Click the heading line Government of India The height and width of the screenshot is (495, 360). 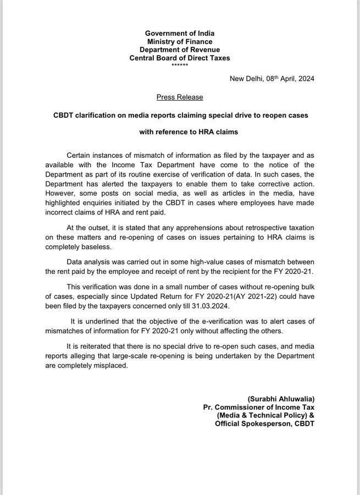[179, 33]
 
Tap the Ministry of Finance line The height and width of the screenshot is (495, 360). [179, 41]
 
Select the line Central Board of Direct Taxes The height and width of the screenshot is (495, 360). [179, 58]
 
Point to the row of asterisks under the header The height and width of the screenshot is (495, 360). [179, 65]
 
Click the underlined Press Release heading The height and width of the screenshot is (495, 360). [179, 97]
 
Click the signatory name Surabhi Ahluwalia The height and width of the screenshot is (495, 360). [283, 398]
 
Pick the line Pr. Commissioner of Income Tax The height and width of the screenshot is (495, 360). [259, 406]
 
